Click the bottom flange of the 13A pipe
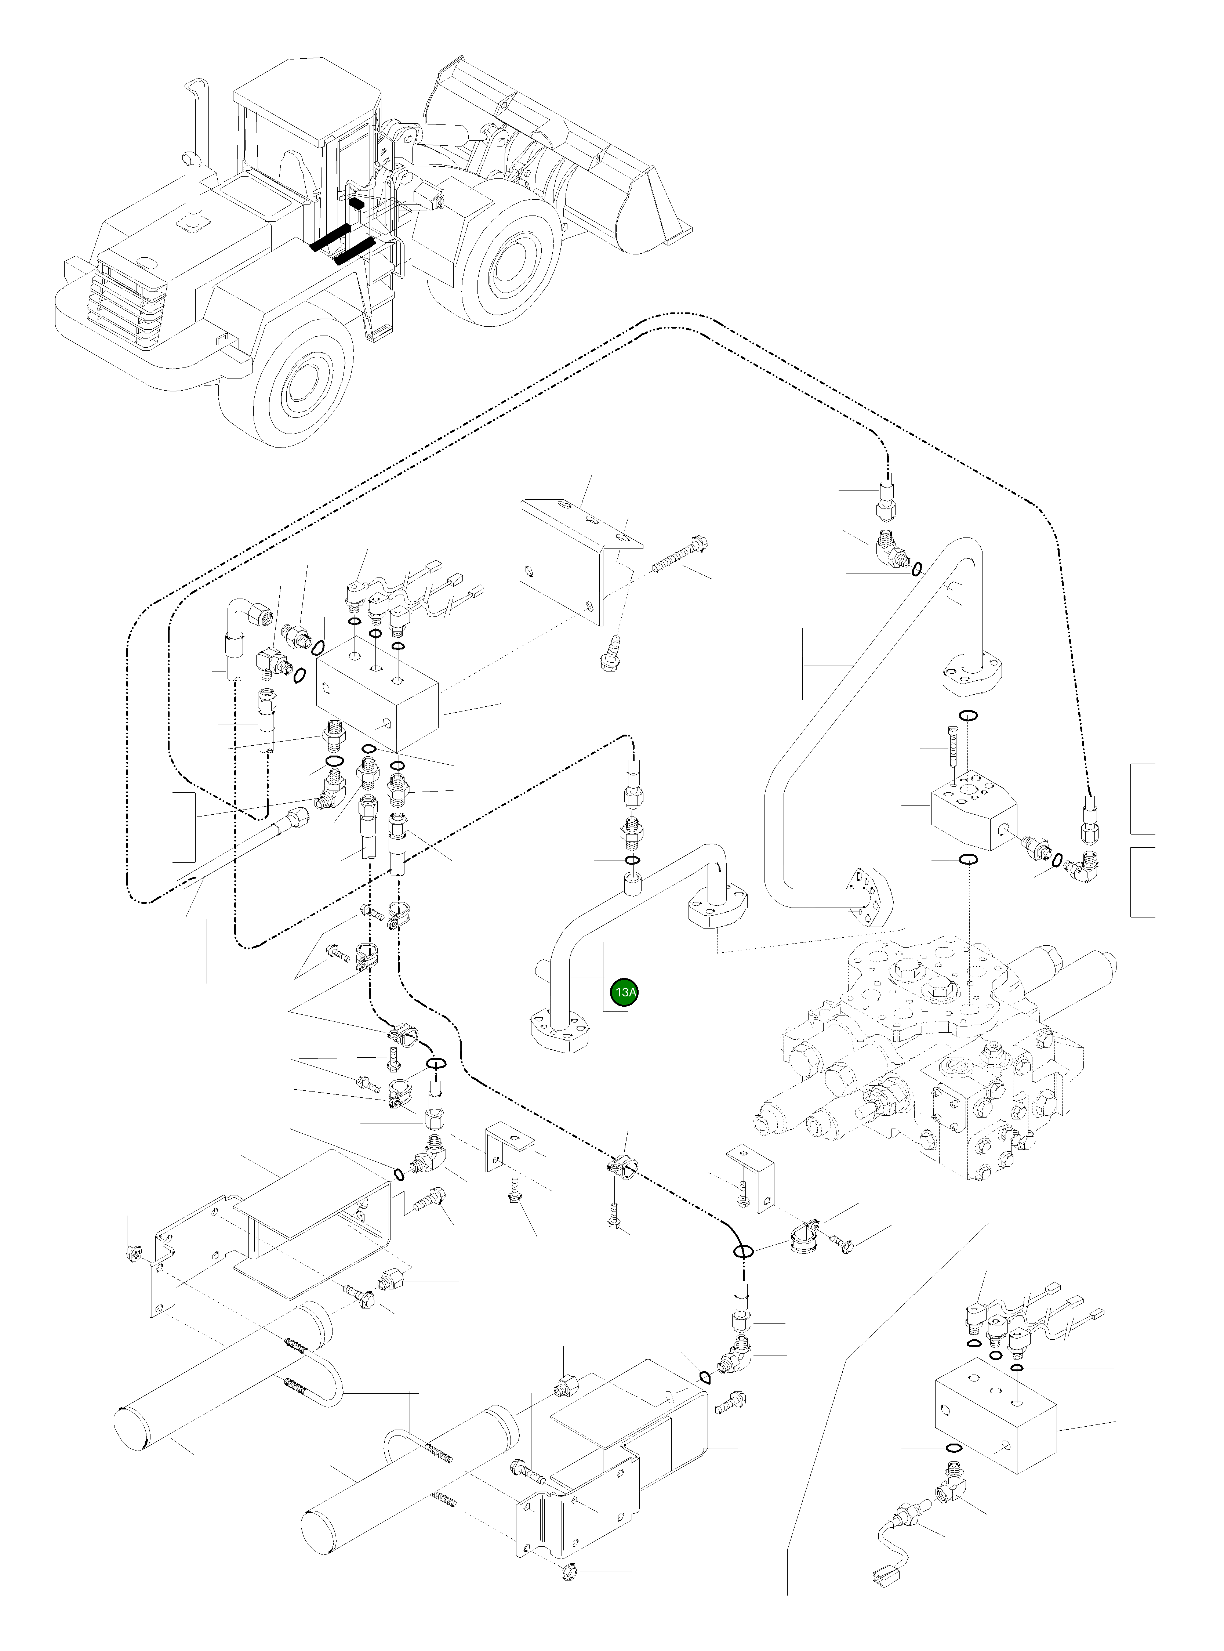click(x=561, y=1030)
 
